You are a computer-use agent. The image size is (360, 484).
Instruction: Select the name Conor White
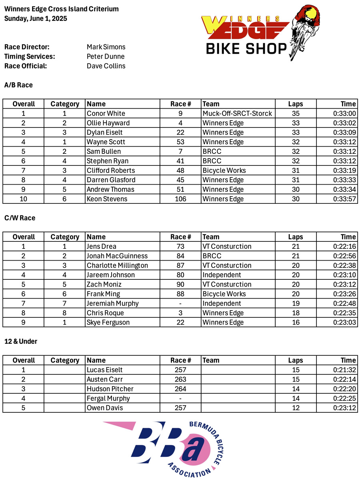[x=106, y=114]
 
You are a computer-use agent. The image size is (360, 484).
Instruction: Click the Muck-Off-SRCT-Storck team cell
[x=237, y=114]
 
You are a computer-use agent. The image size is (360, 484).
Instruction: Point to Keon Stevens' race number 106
[x=180, y=199]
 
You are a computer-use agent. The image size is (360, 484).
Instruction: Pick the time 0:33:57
[x=344, y=199]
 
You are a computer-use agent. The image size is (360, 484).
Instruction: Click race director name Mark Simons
[x=106, y=47]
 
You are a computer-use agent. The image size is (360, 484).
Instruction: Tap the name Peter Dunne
[x=106, y=56]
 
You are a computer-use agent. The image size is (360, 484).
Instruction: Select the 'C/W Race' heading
[x=20, y=218]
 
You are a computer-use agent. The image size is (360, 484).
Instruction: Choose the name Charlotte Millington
[x=117, y=265]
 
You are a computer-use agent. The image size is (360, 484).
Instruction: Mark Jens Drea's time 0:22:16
[x=344, y=247]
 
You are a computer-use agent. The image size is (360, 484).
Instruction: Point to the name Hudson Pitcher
[x=110, y=389]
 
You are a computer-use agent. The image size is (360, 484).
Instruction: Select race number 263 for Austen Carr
[x=180, y=379]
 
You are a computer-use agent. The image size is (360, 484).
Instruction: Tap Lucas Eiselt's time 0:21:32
[x=344, y=370]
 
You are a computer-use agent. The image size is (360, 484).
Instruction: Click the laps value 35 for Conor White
[x=296, y=114]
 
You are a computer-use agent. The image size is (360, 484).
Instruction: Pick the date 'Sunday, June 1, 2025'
[x=36, y=18]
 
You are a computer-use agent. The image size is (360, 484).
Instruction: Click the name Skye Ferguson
[x=108, y=323]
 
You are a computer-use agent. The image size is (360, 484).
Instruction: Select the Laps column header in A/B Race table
[x=296, y=104]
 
